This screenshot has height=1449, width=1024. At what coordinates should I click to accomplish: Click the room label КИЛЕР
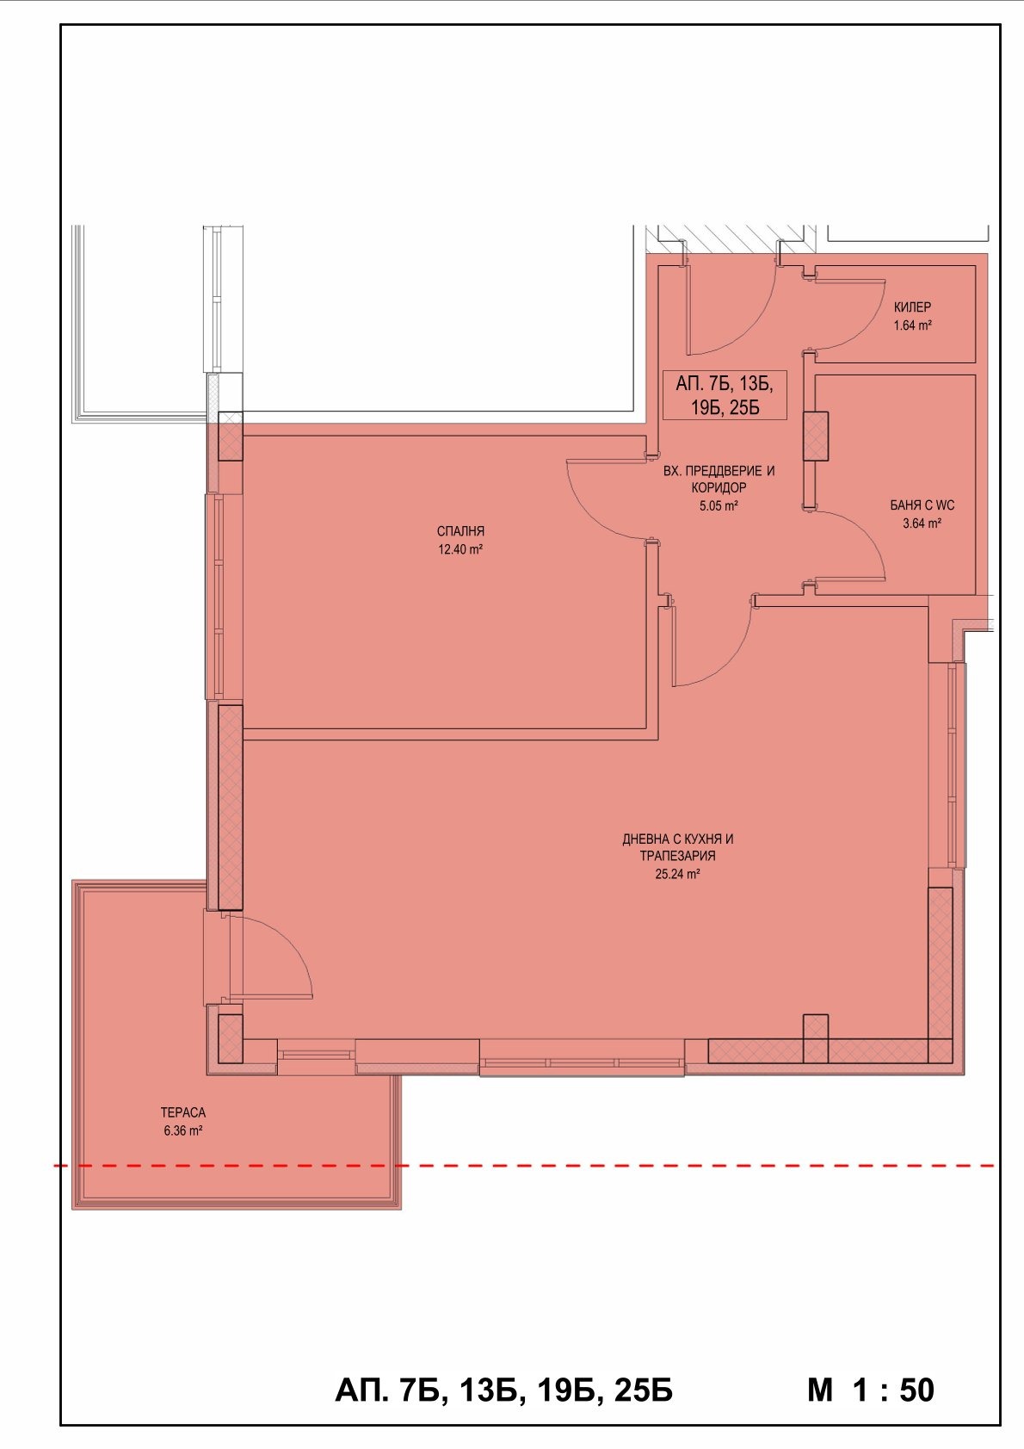pos(912,307)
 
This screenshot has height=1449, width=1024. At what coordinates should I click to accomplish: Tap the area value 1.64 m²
pos(912,326)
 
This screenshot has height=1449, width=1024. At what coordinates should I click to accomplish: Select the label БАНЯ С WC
pos(922,505)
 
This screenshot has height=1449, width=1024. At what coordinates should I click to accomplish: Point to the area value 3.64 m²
pos(922,523)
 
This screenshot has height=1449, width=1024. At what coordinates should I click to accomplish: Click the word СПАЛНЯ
pos(460,531)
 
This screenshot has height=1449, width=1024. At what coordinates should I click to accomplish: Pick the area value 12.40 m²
pos(460,550)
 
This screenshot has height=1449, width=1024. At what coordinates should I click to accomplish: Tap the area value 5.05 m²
pos(719,506)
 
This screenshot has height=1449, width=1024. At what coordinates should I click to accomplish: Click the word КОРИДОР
pos(719,488)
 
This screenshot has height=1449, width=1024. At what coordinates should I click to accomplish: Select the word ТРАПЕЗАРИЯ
pos(677,856)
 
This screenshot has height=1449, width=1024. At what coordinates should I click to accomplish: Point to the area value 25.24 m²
pos(677,874)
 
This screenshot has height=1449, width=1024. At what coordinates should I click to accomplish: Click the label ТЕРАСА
pos(183,1112)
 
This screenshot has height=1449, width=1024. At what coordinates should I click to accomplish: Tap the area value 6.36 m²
pos(183,1130)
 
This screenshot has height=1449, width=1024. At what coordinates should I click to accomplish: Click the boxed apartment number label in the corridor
pos(724,395)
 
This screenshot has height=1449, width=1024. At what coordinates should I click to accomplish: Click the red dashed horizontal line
pos(524,1166)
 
